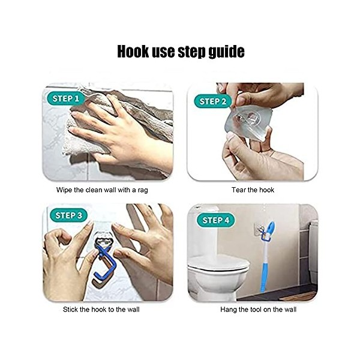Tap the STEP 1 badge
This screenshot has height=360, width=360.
[x=66, y=98]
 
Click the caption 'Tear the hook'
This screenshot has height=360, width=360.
[x=252, y=190]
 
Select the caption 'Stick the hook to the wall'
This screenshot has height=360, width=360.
[x=107, y=310]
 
